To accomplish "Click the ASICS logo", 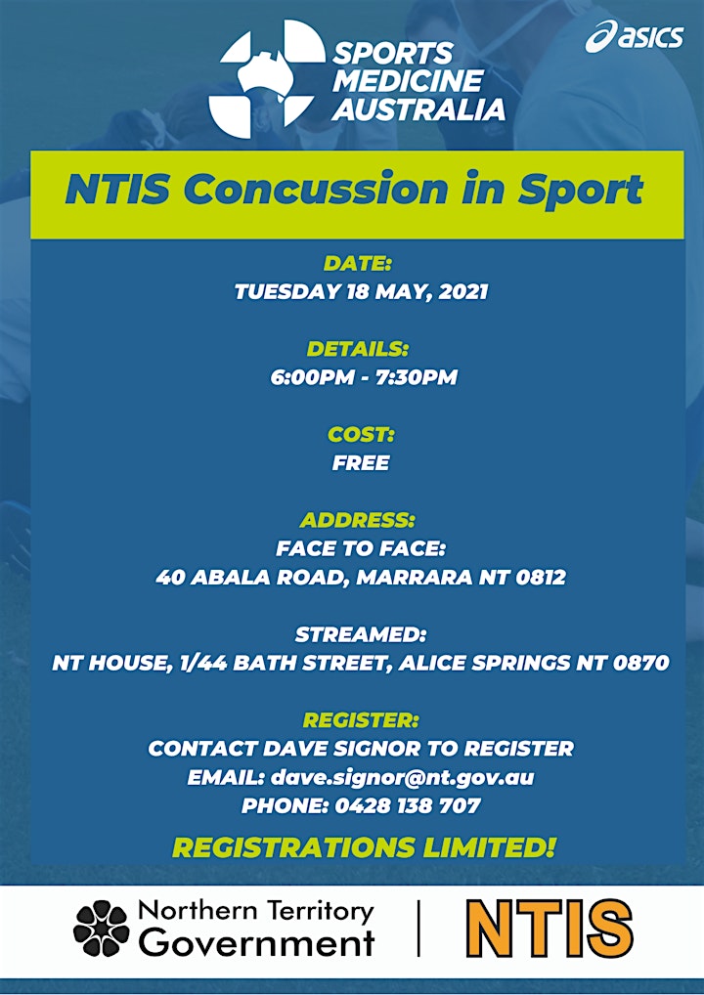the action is pos(635,36).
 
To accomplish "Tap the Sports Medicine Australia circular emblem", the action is pos(267,79).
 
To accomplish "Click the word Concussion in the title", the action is pos(315,189).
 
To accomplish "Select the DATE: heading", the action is pos(358,263).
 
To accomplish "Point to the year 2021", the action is pos(463,292).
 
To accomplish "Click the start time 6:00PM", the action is pos(312,377).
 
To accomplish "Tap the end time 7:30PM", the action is pos(417,377).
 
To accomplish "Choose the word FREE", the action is pos(361,463).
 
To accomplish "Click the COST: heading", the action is pos(361,435).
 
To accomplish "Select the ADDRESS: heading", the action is pos(358,520).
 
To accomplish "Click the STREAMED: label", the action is pos(361,634).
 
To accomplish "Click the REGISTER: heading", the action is pos(361,720).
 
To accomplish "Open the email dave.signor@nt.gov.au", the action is pos(403,778).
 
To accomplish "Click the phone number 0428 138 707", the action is pos(408,806).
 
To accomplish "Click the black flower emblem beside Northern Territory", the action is pos(101,929).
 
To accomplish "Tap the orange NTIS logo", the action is pos(550,928).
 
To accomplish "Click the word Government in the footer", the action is pos(256,942).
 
